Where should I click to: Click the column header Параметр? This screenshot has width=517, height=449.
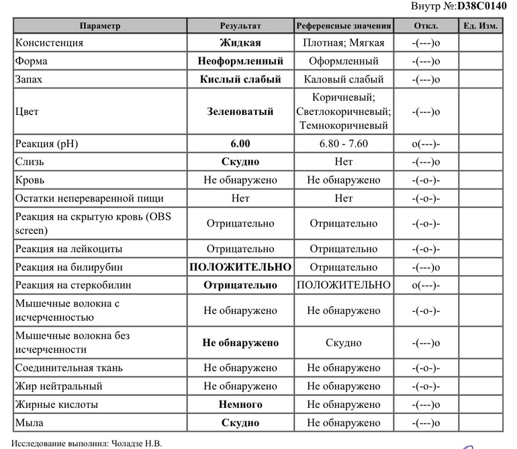tap(99, 26)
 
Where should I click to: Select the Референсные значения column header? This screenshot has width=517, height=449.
tap(343, 26)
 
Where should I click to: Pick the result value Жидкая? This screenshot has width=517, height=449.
tap(240, 43)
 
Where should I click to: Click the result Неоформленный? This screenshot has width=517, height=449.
tap(240, 61)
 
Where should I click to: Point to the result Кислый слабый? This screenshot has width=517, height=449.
tap(240, 79)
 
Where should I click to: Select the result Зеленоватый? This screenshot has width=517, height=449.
tap(240, 112)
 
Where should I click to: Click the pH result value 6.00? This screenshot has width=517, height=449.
tap(240, 145)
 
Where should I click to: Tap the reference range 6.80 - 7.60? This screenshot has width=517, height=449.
tap(343, 145)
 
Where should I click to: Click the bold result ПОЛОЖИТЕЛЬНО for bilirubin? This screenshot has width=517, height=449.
tap(240, 268)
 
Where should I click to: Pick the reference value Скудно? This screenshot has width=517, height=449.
tap(343, 343)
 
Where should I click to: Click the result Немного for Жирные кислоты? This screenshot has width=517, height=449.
tap(240, 405)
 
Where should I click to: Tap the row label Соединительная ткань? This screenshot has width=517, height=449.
tap(68, 368)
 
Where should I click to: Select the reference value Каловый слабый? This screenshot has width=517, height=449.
tap(343, 79)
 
